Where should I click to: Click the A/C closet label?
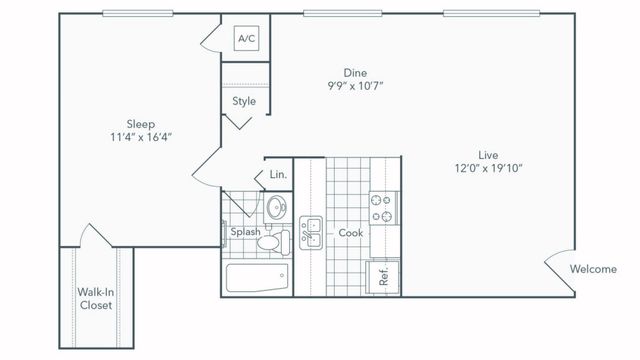tap(245, 39)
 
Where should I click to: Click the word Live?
tap(489, 154)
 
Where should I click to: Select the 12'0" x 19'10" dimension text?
tap(489, 169)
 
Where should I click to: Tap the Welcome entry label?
tap(593, 269)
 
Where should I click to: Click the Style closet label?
tap(244, 101)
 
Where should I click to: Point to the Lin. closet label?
tap(278, 175)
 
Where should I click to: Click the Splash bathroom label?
tap(246, 232)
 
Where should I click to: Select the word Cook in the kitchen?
tap(350, 232)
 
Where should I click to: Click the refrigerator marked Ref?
tap(383, 275)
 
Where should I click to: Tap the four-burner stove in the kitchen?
tap(383, 206)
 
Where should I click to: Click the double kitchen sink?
tap(312, 232)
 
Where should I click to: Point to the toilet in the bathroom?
tap(279, 241)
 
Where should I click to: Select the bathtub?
tap(257, 277)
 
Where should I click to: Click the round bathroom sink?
tap(274, 208)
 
